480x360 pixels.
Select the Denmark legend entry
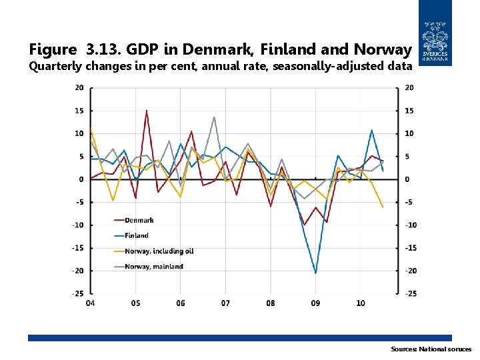coord(139,220)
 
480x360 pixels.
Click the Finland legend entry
coord(137,235)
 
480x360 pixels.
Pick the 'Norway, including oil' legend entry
coord(159,251)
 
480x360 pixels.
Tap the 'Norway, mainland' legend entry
coord(154,266)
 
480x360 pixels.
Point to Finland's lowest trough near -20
coord(315,273)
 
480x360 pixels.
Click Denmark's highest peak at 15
coord(147,111)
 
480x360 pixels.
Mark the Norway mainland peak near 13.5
coord(214,117)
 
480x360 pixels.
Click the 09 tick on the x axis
coord(315,303)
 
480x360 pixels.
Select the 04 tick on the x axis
coord(91,303)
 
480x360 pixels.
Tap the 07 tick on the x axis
coord(225,303)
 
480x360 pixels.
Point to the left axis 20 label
coord(79,88)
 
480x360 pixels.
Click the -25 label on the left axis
coord(77,293)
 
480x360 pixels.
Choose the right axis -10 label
coord(411,225)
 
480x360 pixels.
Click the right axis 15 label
coord(409,111)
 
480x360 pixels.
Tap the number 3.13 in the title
coord(102,49)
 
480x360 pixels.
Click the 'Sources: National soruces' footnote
coord(431,349)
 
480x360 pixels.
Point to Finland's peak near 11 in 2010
coord(371,130)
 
